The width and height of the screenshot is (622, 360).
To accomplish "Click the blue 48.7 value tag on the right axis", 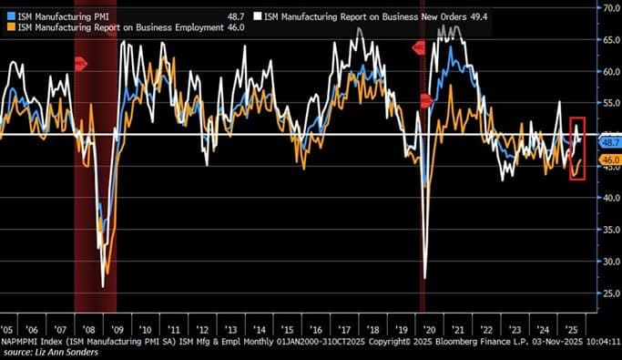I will (609, 143).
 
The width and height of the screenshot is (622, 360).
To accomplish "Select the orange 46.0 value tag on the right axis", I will (609, 159).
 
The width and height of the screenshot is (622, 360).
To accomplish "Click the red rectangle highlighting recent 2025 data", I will (576, 148).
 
